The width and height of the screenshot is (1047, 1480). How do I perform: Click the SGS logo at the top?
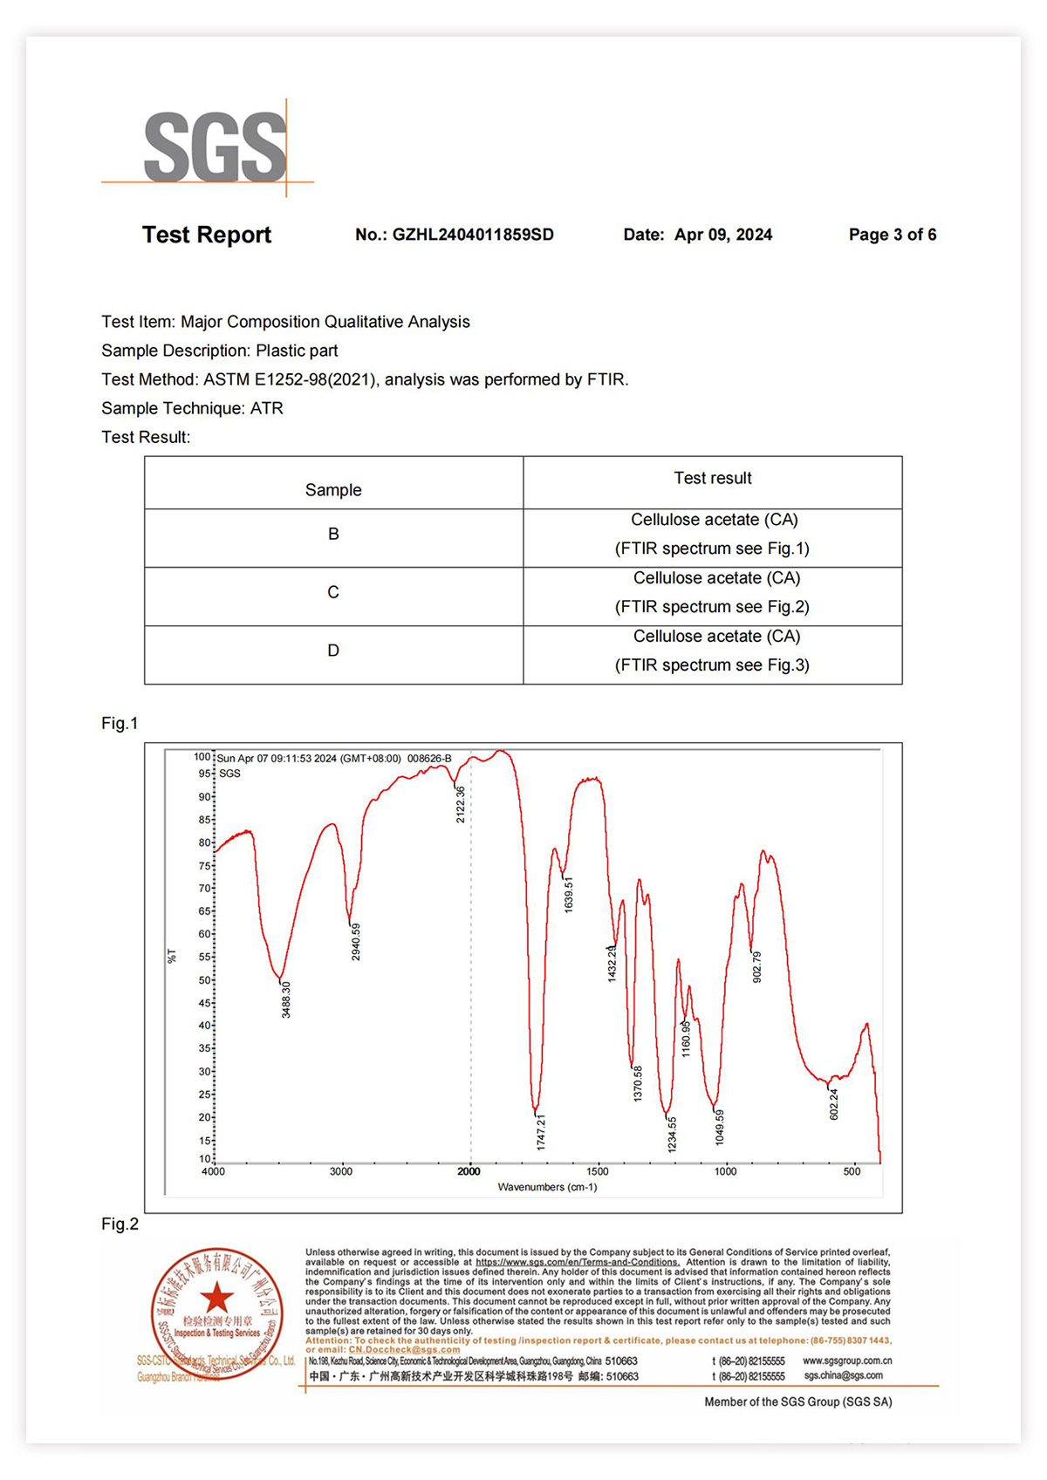[215, 147]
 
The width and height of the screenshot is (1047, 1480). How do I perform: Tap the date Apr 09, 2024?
[722, 235]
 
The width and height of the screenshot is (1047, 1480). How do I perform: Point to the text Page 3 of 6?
[892, 235]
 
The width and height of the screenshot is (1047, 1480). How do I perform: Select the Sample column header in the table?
[333, 490]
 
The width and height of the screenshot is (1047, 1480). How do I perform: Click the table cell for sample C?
[333, 592]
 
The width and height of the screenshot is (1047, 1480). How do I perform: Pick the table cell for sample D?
[333, 651]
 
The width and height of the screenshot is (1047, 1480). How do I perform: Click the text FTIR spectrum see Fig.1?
[712, 549]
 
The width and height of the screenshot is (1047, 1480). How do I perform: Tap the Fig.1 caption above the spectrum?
[120, 723]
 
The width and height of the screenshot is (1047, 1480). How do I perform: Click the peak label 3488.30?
[286, 999]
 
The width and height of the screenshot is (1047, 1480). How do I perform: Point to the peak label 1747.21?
[541, 1131]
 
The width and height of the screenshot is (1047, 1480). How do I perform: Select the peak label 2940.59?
[356, 942]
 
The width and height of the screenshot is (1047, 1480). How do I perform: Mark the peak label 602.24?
[834, 1104]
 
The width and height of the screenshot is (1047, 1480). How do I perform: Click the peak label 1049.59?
[720, 1127]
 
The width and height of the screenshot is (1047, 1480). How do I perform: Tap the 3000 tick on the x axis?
[341, 1171]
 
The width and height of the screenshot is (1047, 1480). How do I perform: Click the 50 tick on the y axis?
[204, 980]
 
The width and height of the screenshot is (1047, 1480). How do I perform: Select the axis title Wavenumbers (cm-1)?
[547, 1187]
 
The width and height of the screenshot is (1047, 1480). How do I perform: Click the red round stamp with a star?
[217, 1313]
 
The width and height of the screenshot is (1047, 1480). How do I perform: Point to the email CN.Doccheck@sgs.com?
[404, 1349]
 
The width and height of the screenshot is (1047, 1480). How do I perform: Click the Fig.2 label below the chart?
[120, 1224]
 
